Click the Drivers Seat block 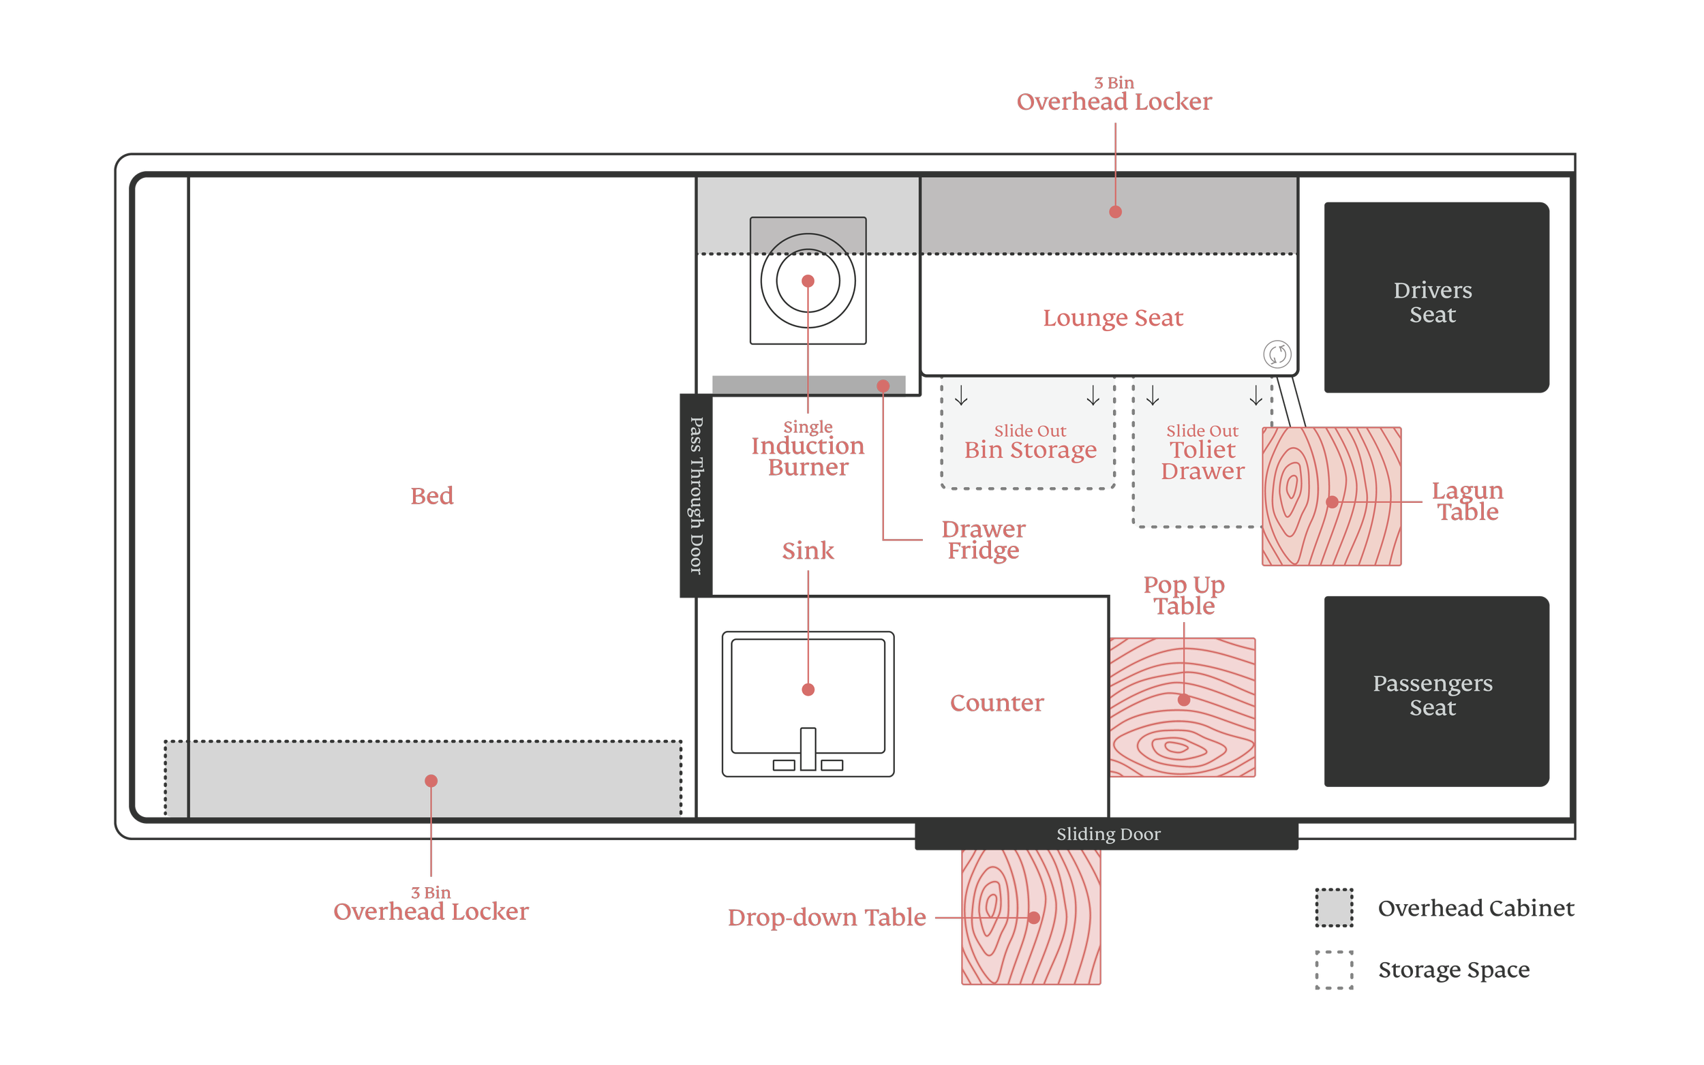coord(1435,297)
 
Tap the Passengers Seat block coord(1435,691)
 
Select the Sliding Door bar coord(1106,834)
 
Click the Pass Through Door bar coord(695,495)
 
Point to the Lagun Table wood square coord(1330,496)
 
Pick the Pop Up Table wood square coord(1182,707)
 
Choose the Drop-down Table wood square coord(1031,916)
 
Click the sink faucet coord(808,749)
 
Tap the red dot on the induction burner coord(808,281)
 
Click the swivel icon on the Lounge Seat coord(1277,354)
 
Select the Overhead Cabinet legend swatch coord(1333,907)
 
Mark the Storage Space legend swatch coord(1333,969)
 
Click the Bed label coord(432,496)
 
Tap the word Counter coord(996,703)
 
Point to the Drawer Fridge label coord(984,540)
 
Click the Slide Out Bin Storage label coord(1030,442)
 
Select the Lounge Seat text coord(1113,318)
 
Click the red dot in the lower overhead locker coord(431,780)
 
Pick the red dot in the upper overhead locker coord(1115,212)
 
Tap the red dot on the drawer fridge coord(883,386)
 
